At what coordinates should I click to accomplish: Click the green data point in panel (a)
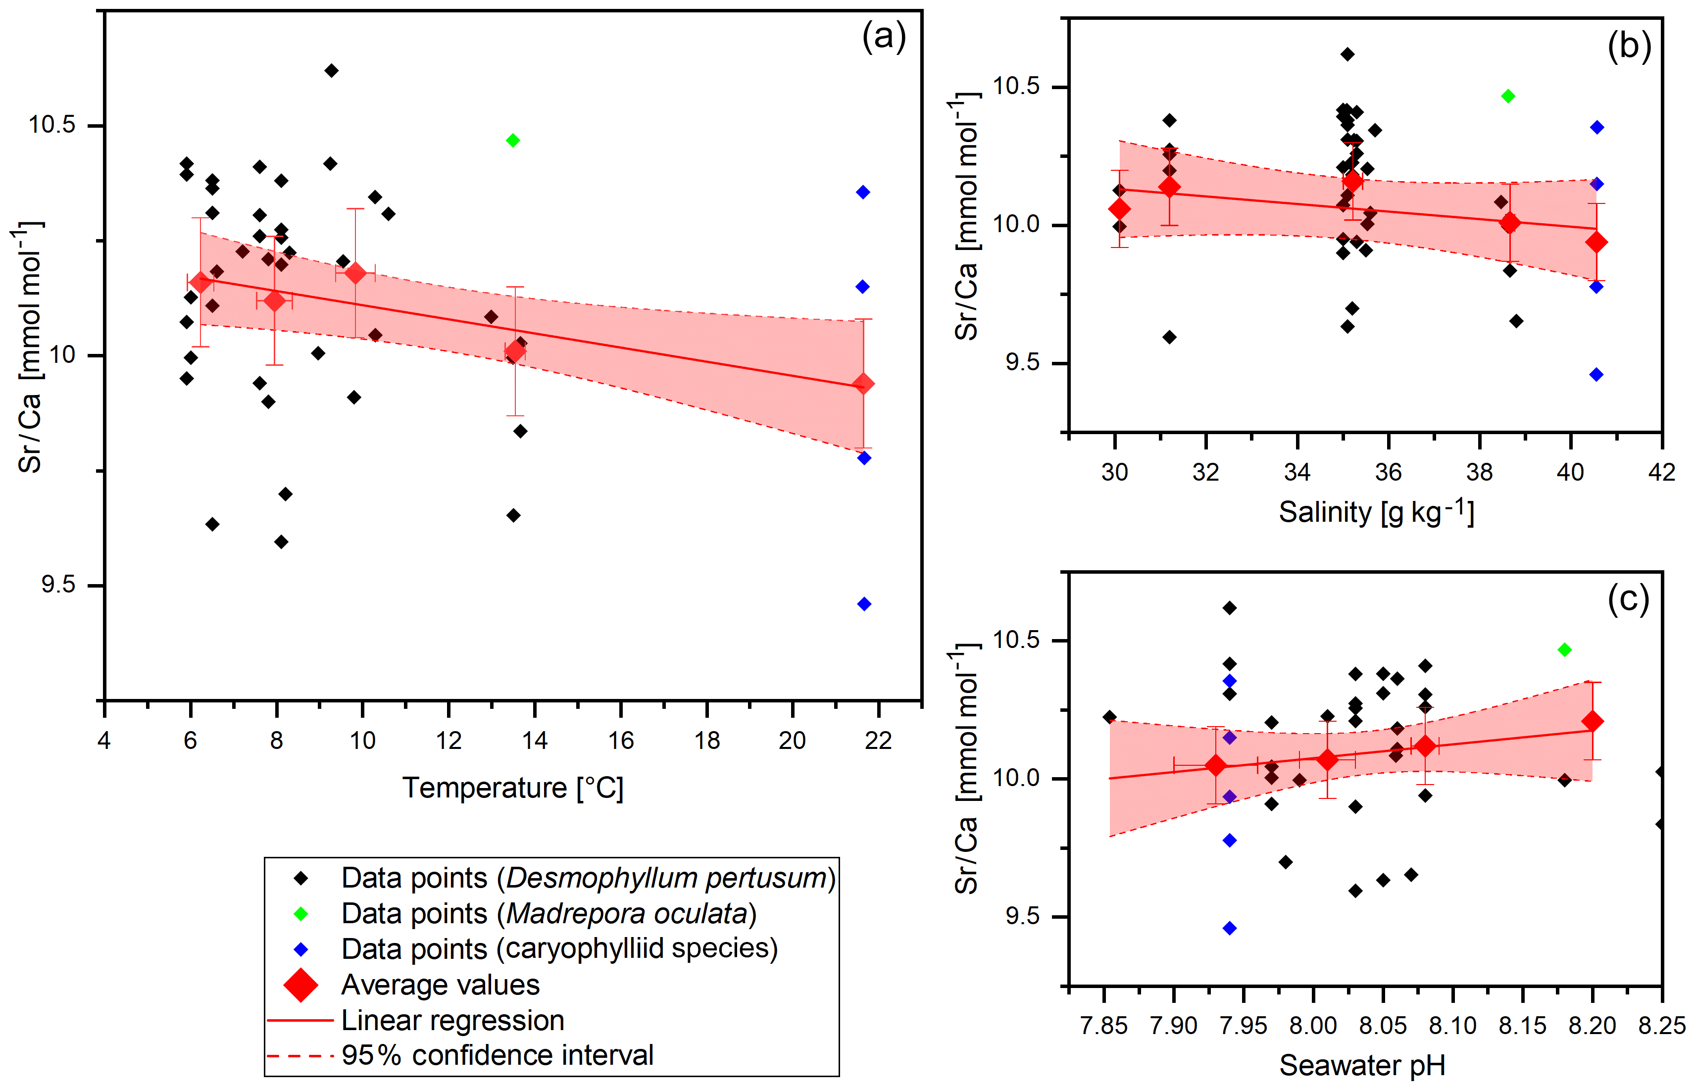point(513,140)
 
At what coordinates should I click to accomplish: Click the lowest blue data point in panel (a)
point(863,604)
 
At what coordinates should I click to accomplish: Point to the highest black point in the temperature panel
point(331,71)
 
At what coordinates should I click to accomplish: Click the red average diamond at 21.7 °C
point(863,384)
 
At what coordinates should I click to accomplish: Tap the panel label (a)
point(883,37)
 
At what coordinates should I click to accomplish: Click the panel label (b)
point(1629,47)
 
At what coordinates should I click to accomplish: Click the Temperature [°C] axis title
point(512,788)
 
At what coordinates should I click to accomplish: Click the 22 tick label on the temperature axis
point(878,741)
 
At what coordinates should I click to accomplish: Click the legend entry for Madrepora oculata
point(548,914)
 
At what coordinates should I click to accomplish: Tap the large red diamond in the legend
point(301,985)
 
